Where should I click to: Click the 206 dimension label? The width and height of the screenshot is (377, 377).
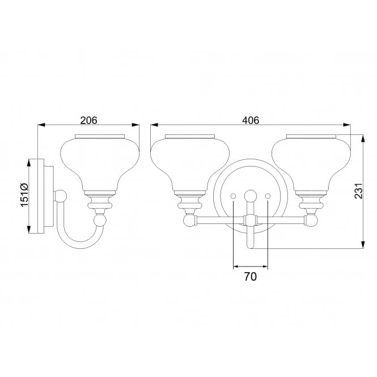[88, 120]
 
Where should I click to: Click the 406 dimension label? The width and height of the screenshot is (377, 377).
[250, 120]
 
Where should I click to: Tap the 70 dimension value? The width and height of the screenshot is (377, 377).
[251, 277]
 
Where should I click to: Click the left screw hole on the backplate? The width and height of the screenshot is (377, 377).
[234, 196]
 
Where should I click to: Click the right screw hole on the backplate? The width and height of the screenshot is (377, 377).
[268, 196]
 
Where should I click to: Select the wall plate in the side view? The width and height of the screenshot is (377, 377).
[41, 196]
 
